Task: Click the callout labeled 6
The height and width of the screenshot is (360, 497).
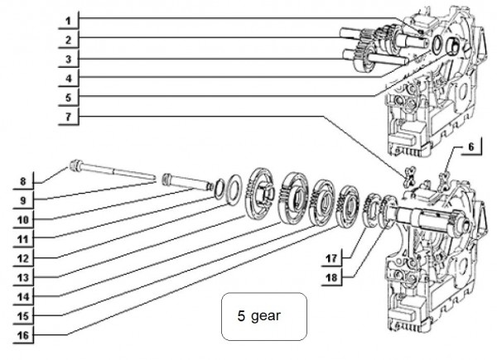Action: click(x=468, y=146)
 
